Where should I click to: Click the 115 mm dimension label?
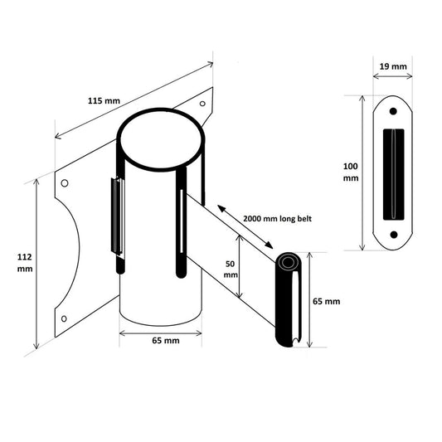point(104,100)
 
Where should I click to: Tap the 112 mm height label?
point(25,263)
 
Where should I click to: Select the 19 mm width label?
point(393,66)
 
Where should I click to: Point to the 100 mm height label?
point(351,172)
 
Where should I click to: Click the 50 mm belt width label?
point(231,269)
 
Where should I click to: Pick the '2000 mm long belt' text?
point(277,218)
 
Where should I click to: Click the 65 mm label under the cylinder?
point(166,341)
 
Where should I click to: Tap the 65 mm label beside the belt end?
point(326,301)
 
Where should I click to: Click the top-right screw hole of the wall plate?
point(202,104)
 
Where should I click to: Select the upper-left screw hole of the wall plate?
point(65,183)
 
